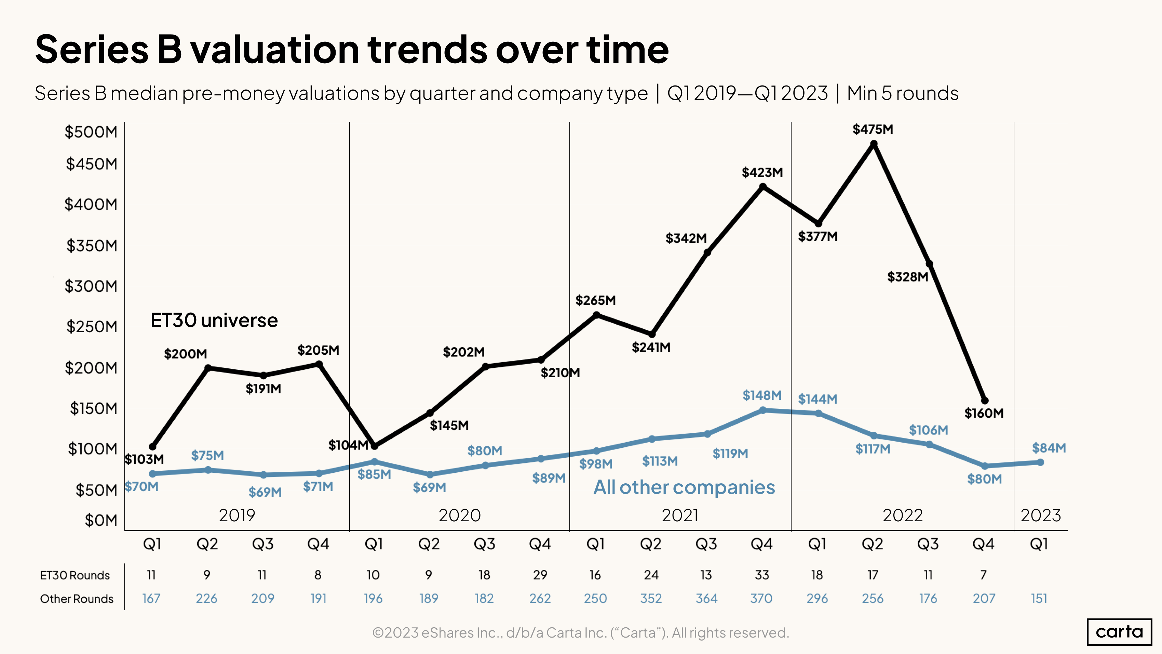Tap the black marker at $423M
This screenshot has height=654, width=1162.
click(763, 186)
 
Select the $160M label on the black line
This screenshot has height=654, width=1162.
click(984, 413)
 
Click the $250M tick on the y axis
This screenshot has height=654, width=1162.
click(92, 326)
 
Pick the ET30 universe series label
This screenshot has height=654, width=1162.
click(214, 321)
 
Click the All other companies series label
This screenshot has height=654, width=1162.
click(684, 487)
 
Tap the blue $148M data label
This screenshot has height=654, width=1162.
click(762, 395)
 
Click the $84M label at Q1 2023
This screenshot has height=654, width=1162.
click(1049, 448)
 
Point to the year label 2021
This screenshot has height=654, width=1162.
click(680, 515)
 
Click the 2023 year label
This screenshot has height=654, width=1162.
click(1041, 515)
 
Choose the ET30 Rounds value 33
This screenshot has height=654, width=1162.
click(762, 575)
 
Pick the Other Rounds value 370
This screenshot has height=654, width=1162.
click(761, 599)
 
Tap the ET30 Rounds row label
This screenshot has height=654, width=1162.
click(75, 575)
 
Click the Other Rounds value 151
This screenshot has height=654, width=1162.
click(1039, 599)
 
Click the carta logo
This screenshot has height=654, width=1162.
click(1119, 631)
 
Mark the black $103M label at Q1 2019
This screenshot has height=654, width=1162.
click(144, 459)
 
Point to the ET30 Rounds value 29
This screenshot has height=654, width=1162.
click(540, 575)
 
